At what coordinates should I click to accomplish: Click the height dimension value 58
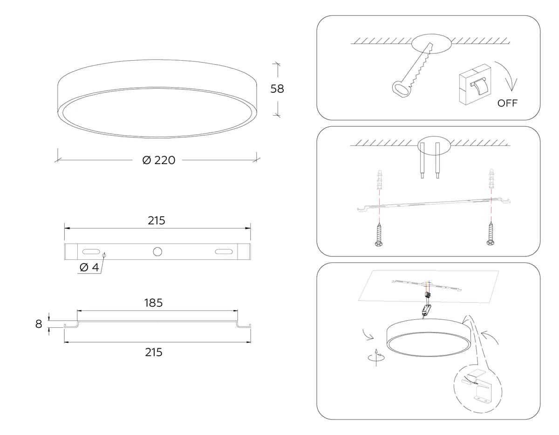tap(277, 89)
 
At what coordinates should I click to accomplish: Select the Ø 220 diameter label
tap(159, 160)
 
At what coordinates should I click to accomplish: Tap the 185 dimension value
tap(153, 303)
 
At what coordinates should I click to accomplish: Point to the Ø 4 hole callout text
tap(89, 267)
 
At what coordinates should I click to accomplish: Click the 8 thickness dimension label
tap(39, 324)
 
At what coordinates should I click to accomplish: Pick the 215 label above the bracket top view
tap(157, 221)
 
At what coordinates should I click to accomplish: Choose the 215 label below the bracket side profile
tap(154, 352)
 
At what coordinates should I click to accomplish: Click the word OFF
tap(507, 103)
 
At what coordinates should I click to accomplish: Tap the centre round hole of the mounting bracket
tap(157, 251)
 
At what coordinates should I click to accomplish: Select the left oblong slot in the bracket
tap(91, 251)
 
